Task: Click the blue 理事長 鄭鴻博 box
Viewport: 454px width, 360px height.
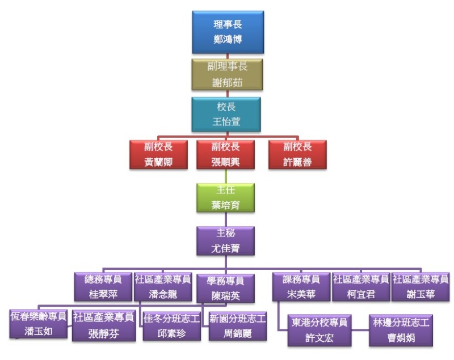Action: [228, 32]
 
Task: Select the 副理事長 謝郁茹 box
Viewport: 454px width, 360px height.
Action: [228, 74]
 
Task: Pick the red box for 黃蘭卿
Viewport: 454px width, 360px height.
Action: [158, 154]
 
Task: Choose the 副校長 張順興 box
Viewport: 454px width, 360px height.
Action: [226, 154]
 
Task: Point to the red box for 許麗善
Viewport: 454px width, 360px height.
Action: [297, 154]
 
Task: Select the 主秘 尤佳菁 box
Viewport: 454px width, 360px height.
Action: [226, 240]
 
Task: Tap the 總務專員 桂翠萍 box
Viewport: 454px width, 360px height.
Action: [103, 286]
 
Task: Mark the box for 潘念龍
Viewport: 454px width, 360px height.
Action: [162, 286]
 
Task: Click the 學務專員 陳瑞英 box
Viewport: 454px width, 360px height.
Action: [225, 288]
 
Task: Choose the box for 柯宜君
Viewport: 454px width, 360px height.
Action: [360, 286]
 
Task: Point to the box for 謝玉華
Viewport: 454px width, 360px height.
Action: [421, 286]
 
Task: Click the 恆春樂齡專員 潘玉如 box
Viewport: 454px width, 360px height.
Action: [39, 324]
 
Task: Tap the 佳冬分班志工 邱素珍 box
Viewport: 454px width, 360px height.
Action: [171, 325]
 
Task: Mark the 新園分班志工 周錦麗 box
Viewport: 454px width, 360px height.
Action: [237, 325]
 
